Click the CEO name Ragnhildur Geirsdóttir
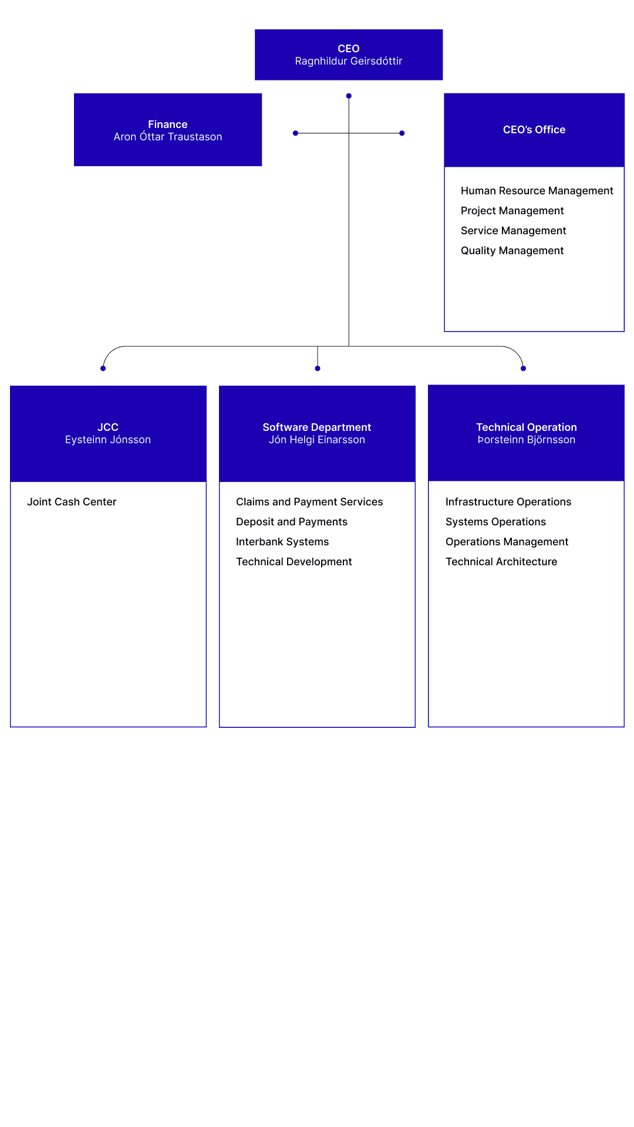point(348,61)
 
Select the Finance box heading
point(168,124)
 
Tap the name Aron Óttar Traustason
point(168,137)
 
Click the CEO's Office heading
point(534,130)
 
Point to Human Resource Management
point(537,191)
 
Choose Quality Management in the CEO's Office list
point(512,251)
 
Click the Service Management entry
point(513,231)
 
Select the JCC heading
point(108,427)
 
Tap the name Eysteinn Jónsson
point(108,440)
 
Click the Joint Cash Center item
point(72,502)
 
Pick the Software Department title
point(317,427)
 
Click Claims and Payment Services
point(309,502)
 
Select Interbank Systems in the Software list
point(282,542)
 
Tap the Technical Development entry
point(294,562)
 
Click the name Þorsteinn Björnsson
point(526,440)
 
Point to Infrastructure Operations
point(508,502)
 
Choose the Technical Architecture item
point(501,562)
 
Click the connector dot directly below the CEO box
point(349,96)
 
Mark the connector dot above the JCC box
point(103,369)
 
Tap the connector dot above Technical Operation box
point(523,369)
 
